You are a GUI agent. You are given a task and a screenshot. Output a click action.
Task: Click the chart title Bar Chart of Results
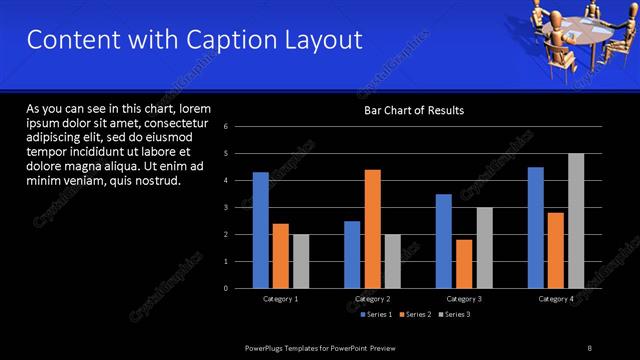[413, 110]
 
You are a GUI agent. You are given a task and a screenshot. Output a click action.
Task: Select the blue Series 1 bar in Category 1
[260, 230]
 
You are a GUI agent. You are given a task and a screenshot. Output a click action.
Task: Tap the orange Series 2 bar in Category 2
[372, 229]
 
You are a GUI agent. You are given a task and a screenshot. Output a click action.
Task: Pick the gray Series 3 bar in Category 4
[576, 221]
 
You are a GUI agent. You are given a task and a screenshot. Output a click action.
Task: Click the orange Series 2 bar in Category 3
[464, 264]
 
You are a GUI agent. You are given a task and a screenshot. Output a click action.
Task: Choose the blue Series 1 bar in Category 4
[536, 228]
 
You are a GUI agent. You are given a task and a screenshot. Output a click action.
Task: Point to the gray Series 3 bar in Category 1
[301, 261]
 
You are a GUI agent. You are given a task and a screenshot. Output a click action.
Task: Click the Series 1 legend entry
[376, 315]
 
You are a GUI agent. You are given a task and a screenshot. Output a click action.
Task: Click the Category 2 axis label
[372, 299]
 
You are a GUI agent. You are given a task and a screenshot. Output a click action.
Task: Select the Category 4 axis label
[556, 299]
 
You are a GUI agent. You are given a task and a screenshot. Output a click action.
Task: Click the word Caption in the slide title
[213, 40]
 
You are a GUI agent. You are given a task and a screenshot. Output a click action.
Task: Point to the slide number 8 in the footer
[589, 346]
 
